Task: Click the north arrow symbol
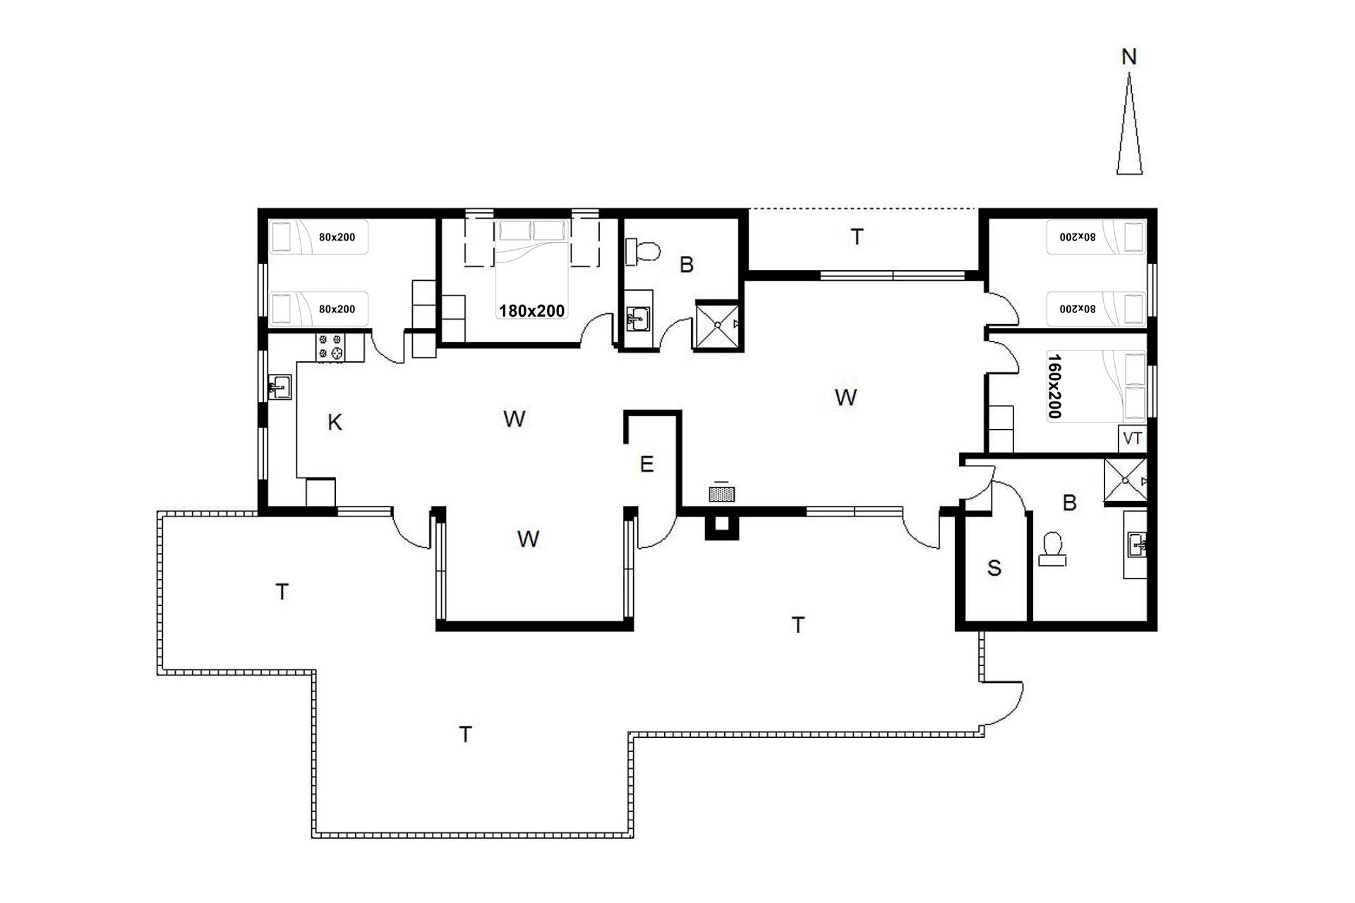(1129, 124)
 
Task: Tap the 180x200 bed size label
(531, 310)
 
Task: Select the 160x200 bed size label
(1054, 386)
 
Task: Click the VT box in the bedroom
(1132, 439)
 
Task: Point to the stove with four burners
(331, 347)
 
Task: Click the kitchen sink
(280, 387)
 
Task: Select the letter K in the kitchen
(335, 423)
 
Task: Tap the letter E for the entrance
(646, 464)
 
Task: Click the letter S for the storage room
(994, 568)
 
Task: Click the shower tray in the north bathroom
(718, 325)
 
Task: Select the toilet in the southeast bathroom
(1053, 548)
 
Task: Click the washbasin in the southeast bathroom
(1136, 545)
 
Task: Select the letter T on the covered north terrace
(857, 237)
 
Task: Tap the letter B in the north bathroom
(687, 265)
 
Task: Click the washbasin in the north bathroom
(638, 319)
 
